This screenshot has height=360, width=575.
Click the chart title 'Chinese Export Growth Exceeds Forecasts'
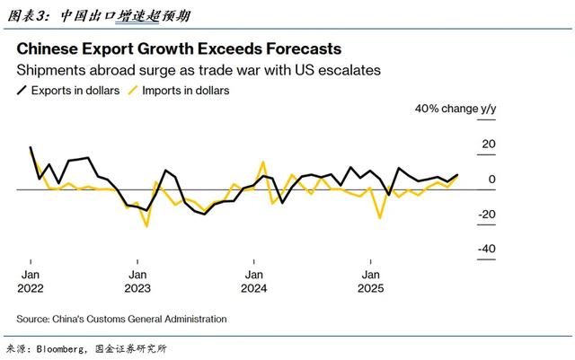(x=179, y=48)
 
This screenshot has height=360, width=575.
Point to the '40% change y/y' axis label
(x=455, y=110)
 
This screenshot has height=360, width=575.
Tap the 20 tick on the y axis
(x=488, y=144)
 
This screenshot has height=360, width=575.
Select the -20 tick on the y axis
(x=485, y=214)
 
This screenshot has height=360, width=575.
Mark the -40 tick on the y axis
(x=485, y=249)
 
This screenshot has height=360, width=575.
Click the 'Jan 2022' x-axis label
(x=30, y=281)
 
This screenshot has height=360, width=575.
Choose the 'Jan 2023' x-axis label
(x=137, y=281)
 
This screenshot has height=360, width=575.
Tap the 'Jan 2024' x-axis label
(x=254, y=281)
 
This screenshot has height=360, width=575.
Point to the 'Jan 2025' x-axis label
(x=370, y=281)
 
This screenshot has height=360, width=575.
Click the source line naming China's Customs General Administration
(x=121, y=319)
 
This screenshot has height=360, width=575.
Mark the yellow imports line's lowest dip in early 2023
(x=146, y=225)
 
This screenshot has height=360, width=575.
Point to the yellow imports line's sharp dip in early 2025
(x=380, y=217)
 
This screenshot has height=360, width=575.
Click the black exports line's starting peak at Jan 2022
(x=31, y=147)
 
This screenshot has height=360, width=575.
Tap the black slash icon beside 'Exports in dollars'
(x=22, y=91)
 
